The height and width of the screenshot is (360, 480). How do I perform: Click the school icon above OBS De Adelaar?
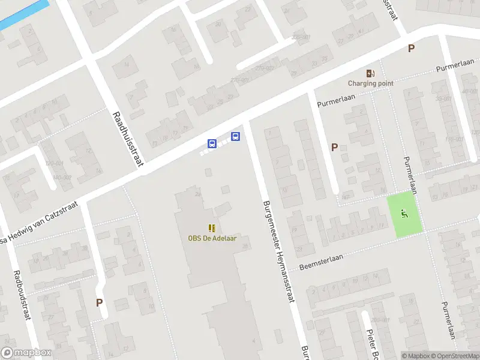coord(211,228)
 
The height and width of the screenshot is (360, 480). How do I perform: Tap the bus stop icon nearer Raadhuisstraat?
coord(212,143)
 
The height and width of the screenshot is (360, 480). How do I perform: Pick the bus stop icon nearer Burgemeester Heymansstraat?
coord(236,136)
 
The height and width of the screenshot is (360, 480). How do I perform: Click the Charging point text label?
coord(371,83)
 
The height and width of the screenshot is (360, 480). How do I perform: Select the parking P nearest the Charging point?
coord(411,49)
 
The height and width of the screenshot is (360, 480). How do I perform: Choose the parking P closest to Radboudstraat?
coord(99,303)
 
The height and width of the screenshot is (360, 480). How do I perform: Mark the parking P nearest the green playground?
coord(335,147)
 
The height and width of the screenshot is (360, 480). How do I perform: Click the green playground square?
coord(404,213)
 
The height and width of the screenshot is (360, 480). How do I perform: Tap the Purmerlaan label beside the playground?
coord(411,175)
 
